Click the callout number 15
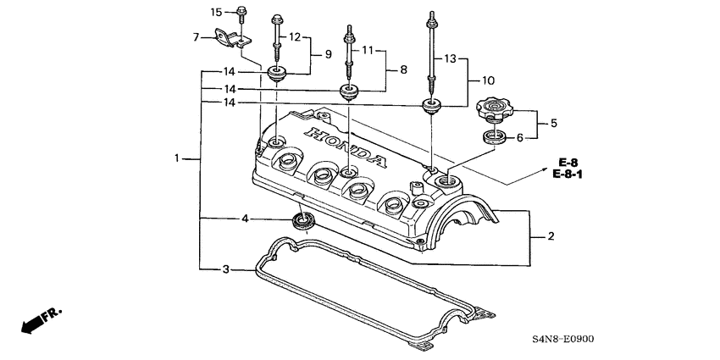point(216,12)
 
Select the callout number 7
point(197,38)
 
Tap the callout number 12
point(295,37)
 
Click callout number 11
point(368,51)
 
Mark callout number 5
point(553,123)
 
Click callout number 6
point(531,136)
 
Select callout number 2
point(551,236)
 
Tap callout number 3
point(225,269)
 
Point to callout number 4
point(246,219)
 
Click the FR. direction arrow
point(37,321)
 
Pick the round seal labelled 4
point(302,223)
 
